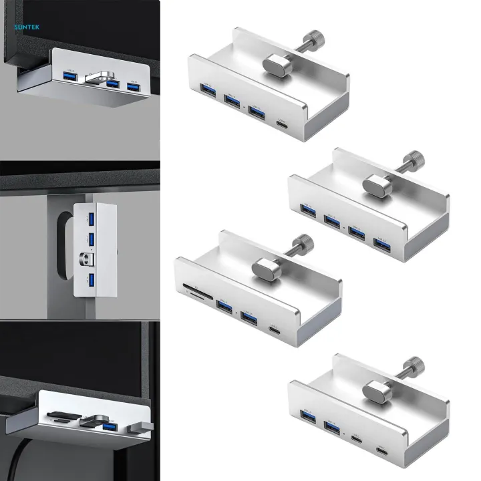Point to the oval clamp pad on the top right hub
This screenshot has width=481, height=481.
(x=273, y=65)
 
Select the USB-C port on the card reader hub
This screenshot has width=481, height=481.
(x=274, y=330)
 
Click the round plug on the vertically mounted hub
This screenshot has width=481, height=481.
(x=86, y=258)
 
